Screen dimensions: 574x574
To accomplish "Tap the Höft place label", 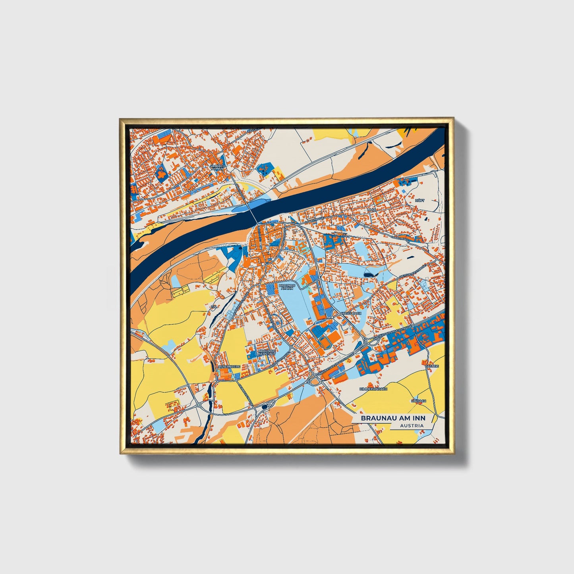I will (419, 201).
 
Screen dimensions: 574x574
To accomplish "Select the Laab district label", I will (371, 209).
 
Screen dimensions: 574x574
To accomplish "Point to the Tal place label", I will (214, 307).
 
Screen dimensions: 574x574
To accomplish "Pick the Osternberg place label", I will (229, 367).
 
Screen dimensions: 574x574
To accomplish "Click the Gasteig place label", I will (432, 366).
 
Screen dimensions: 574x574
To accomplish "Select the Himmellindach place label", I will (373, 389).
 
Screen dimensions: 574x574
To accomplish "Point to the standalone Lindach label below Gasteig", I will (419, 401).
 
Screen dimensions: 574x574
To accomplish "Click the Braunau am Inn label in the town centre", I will (287, 287).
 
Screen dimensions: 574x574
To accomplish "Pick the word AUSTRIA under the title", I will (412, 425).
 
